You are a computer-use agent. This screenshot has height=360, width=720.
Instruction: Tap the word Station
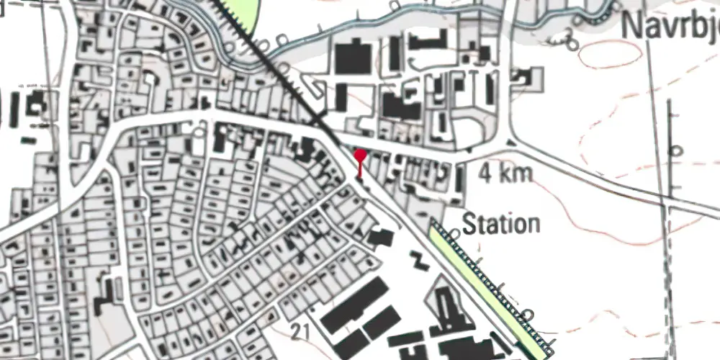click(x=501, y=224)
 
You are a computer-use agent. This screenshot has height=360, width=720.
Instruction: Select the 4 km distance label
click(x=506, y=174)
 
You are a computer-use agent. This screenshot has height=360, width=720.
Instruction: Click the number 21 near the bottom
click(x=301, y=330)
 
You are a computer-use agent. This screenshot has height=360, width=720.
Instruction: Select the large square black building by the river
click(x=353, y=58)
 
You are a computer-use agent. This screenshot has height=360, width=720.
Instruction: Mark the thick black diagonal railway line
click(x=288, y=79)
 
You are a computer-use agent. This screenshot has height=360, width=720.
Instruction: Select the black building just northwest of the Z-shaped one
click(x=381, y=238)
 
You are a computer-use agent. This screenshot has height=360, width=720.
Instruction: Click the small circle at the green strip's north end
click(x=454, y=233)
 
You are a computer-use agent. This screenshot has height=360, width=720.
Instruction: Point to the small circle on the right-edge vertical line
click(x=675, y=150)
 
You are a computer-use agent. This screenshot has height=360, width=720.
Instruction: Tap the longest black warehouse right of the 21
click(x=350, y=307)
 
